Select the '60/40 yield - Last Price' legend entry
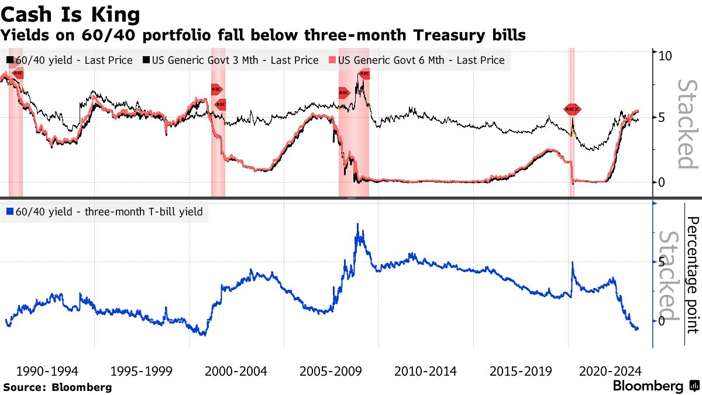coord(69,60)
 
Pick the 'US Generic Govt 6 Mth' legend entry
coord(418,60)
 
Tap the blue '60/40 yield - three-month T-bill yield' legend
coord(106,212)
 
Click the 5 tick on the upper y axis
coord(661,118)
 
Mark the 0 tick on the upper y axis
coord(661,182)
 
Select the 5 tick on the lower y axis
coord(661,262)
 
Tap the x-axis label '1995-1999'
coord(142,371)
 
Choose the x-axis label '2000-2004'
coord(236,371)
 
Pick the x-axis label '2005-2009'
coord(331,371)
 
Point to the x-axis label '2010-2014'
coord(425,371)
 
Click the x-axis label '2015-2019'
coord(520,371)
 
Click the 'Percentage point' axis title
coord(692,275)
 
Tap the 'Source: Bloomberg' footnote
coord(57,387)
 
